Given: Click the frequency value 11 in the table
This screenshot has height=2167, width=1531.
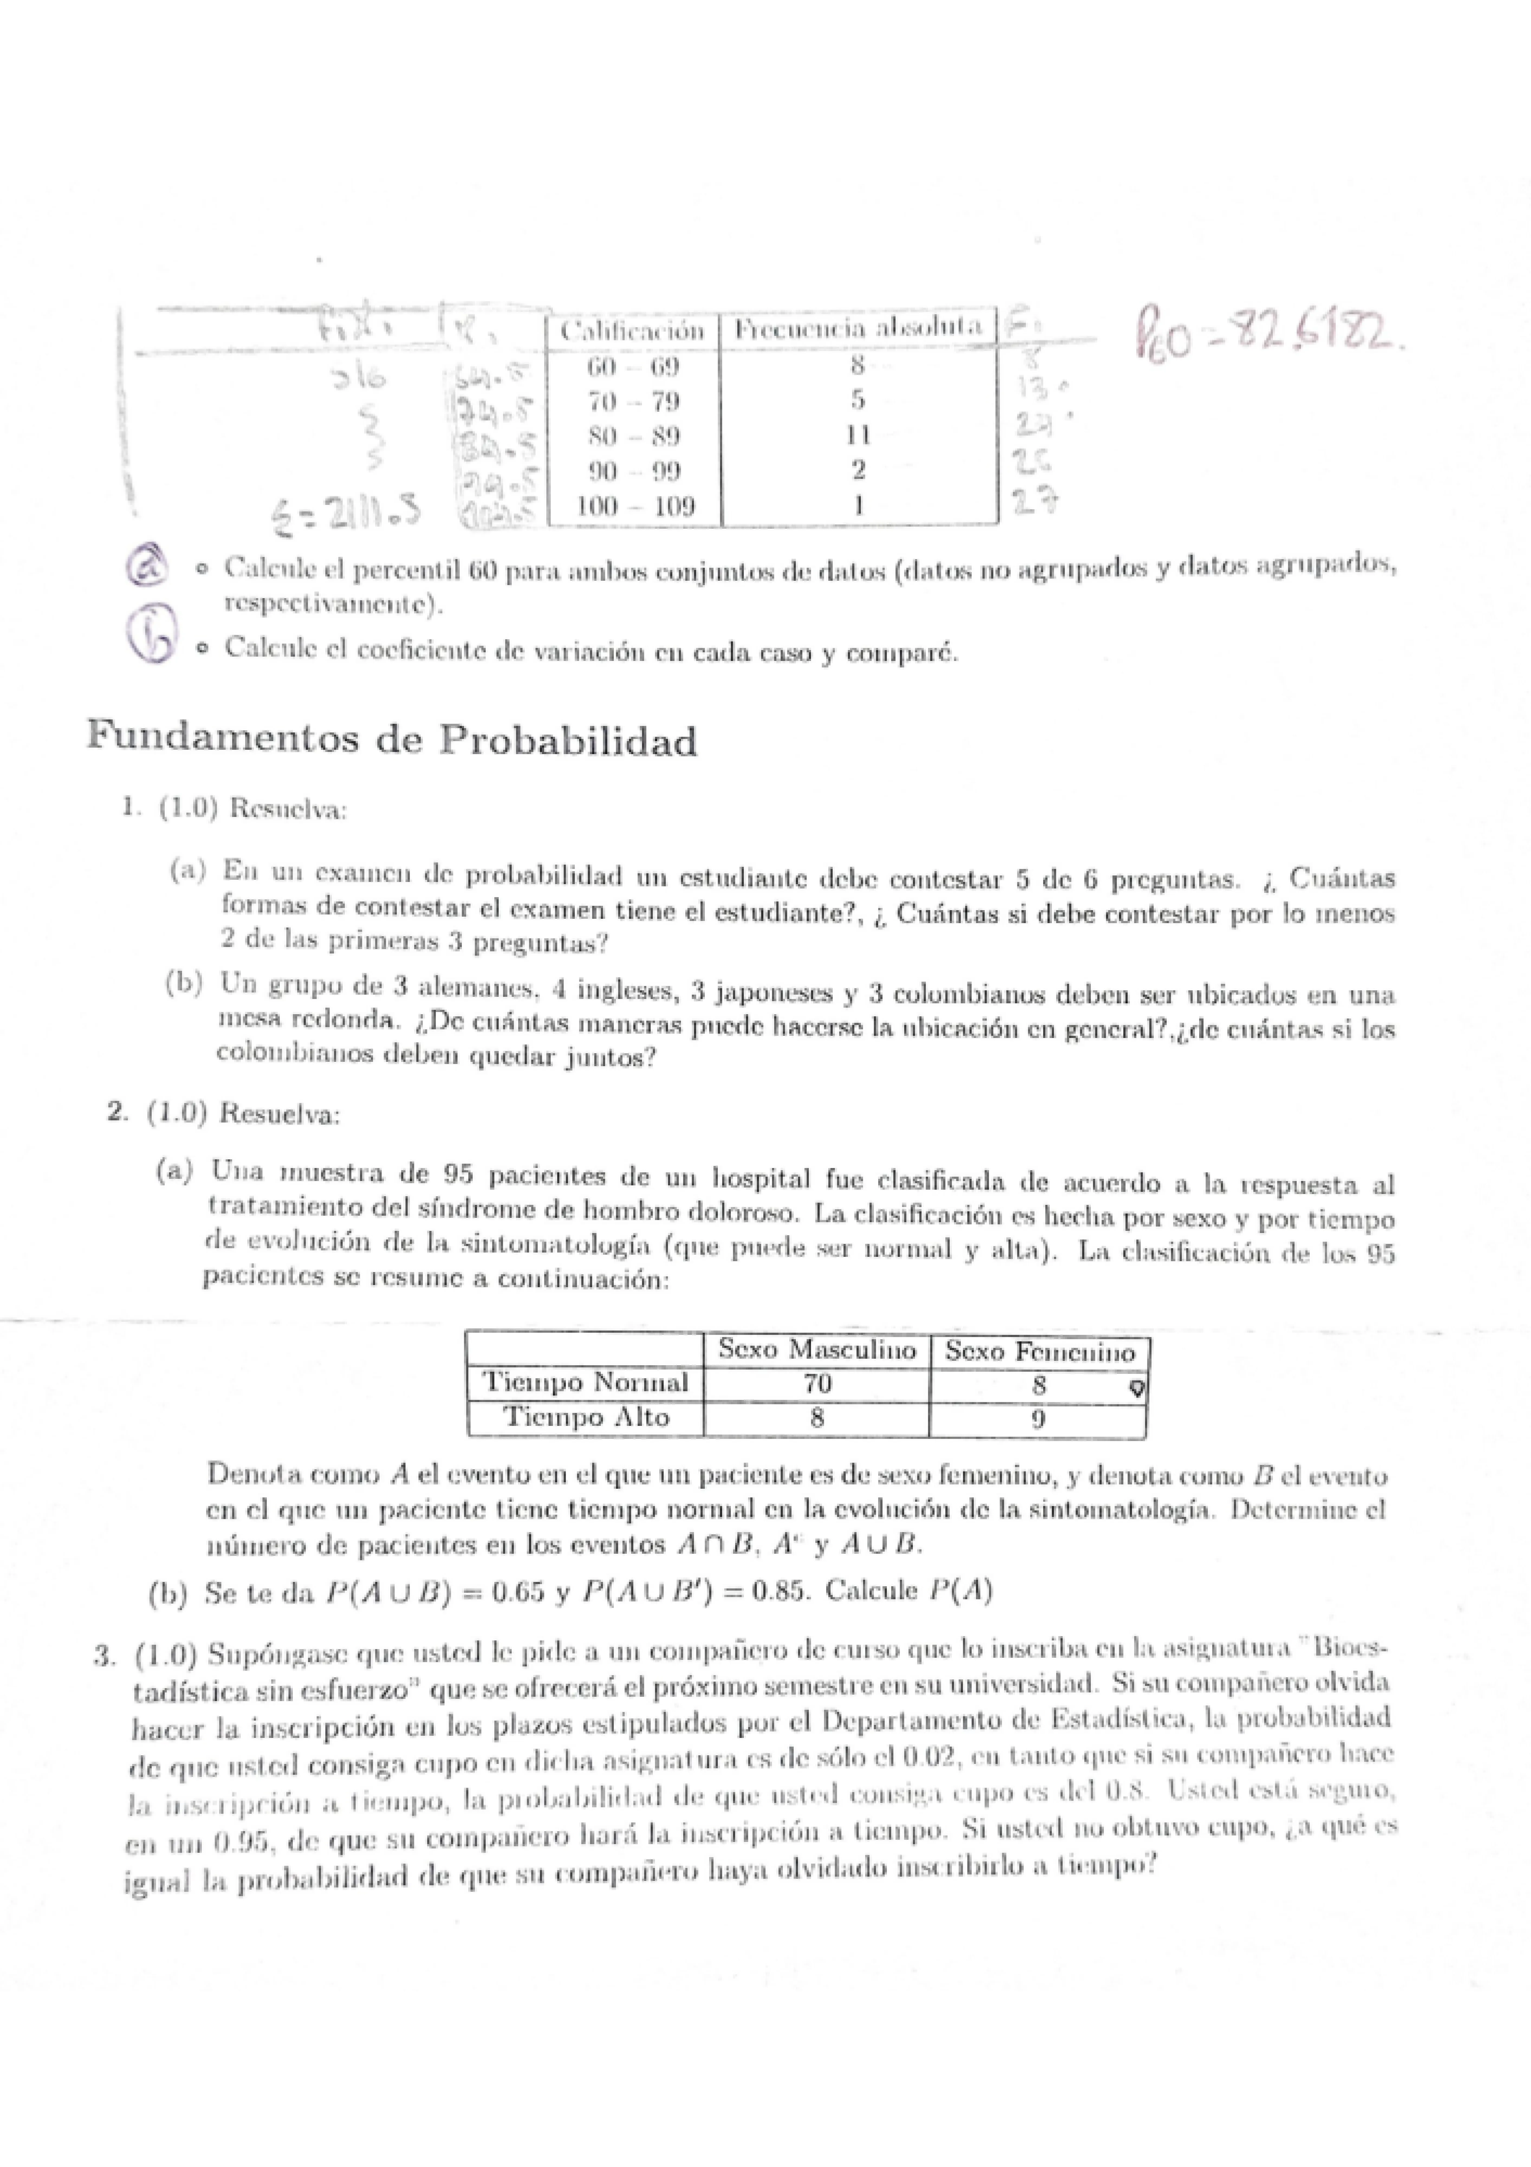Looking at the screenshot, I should click(x=857, y=436).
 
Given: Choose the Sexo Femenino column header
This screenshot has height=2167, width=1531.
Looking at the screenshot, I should click(x=1038, y=1352).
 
